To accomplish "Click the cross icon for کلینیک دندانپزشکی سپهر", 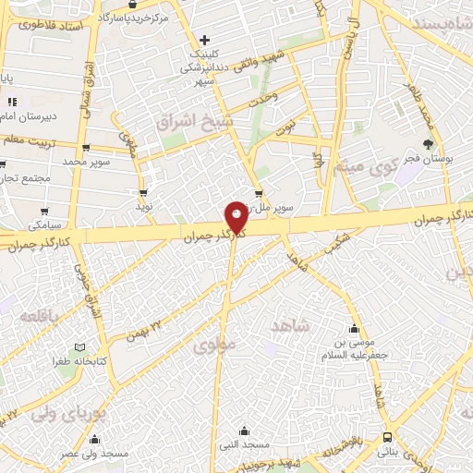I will [x=205, y=40].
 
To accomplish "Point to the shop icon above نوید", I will [x=144, y=192].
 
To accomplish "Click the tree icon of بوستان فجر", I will [x=428, y=144].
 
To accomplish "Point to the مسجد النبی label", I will [x=243, y=446].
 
